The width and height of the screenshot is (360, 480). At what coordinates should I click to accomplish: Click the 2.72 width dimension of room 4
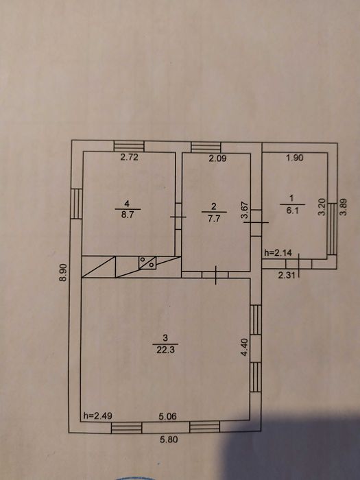click(x=129, y=157)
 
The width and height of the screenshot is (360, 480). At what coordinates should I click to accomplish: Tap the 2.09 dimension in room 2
click(x=217, y=158)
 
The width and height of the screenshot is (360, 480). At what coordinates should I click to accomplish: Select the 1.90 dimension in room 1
click(x=294, y=158)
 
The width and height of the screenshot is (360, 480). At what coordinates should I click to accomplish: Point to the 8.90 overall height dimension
click(x=63, y=272)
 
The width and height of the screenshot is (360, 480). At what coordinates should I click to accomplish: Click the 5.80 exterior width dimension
click(x=169, y=440)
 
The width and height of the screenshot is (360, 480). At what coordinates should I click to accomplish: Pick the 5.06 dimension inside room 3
click(x=168, y=416)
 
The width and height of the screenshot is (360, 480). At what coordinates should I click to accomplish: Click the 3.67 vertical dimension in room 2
click(x=245, y=210)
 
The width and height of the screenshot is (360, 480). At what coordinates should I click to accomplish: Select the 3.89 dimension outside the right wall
click(x=344, y=208)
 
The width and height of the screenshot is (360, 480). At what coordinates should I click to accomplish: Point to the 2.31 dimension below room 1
click(x=287, y=275)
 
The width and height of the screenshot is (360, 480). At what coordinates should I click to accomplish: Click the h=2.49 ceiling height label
click(x=97, y=416)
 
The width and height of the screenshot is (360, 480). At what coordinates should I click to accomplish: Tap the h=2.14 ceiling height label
click(x=278, y=253)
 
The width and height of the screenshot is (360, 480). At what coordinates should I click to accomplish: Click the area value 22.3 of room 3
click(x=166, y=350)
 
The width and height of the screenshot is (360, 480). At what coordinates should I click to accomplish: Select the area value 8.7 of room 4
click(x=128, y=214)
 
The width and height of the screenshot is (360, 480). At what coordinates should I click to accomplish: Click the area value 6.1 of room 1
click(x=292, y=211)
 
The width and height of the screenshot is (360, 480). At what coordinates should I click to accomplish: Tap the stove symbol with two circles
click(x=147, y=263)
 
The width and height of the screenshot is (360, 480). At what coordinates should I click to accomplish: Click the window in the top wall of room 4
click(x=129, y=146)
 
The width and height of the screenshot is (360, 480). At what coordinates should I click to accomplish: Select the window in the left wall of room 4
click(x=77, y=204)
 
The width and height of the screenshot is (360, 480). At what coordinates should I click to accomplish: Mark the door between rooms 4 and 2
click(x=178, y=217)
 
